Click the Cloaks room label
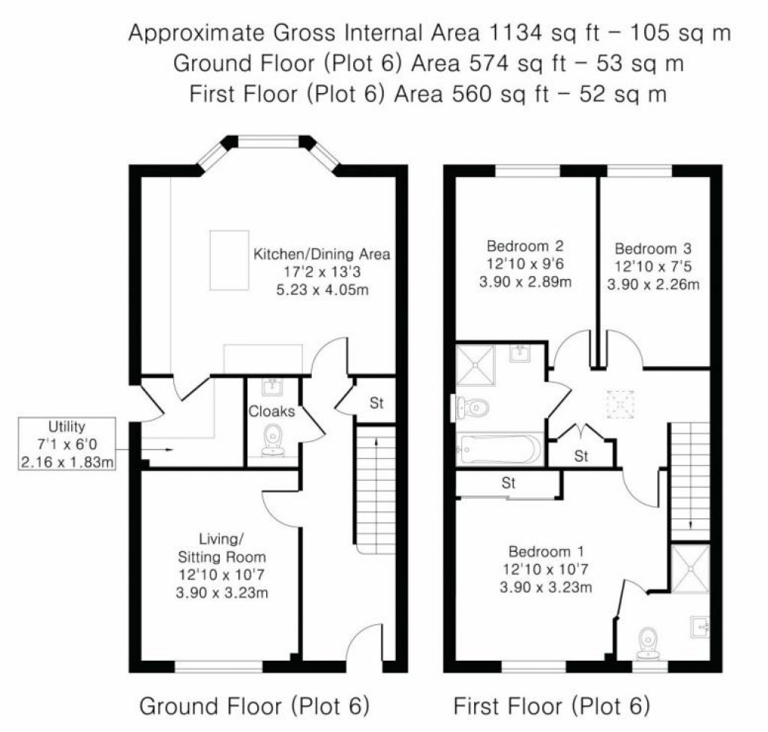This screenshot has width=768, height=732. coord(271,411)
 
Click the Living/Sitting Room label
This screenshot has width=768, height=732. coord(221,547)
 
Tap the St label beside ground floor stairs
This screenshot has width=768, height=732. coord(376,403)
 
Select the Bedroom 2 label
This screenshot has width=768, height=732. coord(524,246)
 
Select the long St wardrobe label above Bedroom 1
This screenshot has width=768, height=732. coord(508,484)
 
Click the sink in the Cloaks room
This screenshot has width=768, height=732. coord(271,388)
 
